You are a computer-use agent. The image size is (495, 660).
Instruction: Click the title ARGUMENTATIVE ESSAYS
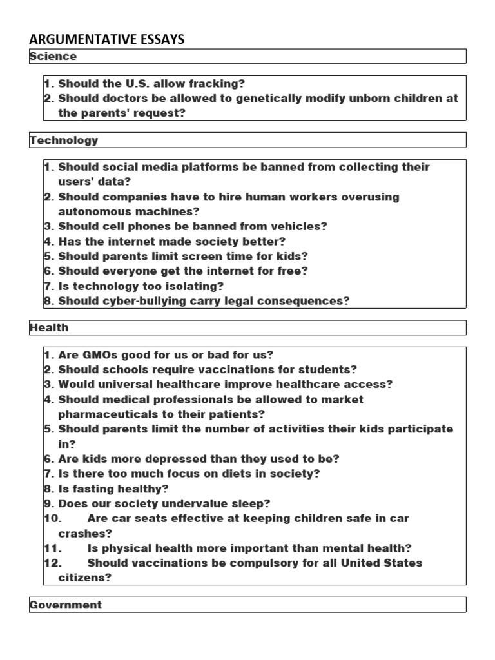pos(106,39)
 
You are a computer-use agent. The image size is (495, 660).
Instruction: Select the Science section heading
pos(53,57)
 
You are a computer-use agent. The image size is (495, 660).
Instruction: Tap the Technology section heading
pos(64,140)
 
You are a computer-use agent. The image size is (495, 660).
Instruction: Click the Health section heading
pos(49,327)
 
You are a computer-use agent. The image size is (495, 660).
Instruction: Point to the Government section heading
pos(66,605)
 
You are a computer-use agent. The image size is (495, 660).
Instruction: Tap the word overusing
pos(370,197)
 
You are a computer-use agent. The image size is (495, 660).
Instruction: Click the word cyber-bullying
pos(134,300)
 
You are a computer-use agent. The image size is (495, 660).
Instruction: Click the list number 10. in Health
pos(53,518)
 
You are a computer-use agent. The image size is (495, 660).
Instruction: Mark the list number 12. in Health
pos(53,563)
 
